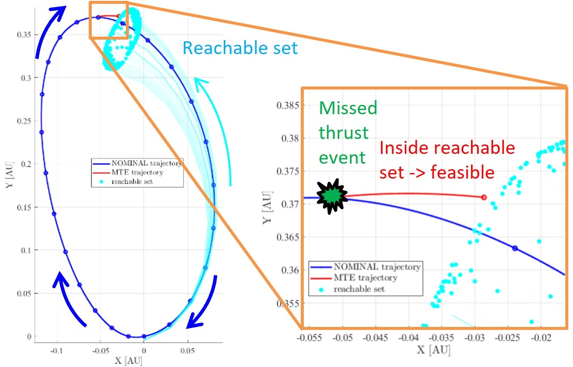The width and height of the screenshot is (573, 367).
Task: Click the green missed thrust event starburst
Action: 332,196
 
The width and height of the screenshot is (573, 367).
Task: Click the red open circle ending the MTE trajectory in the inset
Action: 484,197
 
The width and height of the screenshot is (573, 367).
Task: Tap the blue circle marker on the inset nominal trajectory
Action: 515,248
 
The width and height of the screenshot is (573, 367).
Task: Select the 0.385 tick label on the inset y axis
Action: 288,105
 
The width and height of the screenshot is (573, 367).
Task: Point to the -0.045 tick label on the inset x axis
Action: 375,338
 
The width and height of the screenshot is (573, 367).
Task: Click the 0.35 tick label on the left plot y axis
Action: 24,35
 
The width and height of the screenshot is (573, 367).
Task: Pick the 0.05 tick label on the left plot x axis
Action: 187,351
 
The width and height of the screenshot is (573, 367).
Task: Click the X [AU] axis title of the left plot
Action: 128,361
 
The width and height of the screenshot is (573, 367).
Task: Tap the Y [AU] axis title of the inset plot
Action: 268,208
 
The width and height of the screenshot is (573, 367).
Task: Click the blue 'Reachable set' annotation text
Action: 240,48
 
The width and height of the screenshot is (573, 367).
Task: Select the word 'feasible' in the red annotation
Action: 462,172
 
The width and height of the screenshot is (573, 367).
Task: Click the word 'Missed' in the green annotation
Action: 348,108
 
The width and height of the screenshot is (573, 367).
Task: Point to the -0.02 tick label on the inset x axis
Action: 541,338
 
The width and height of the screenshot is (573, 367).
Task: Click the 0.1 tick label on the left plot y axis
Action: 26,250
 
